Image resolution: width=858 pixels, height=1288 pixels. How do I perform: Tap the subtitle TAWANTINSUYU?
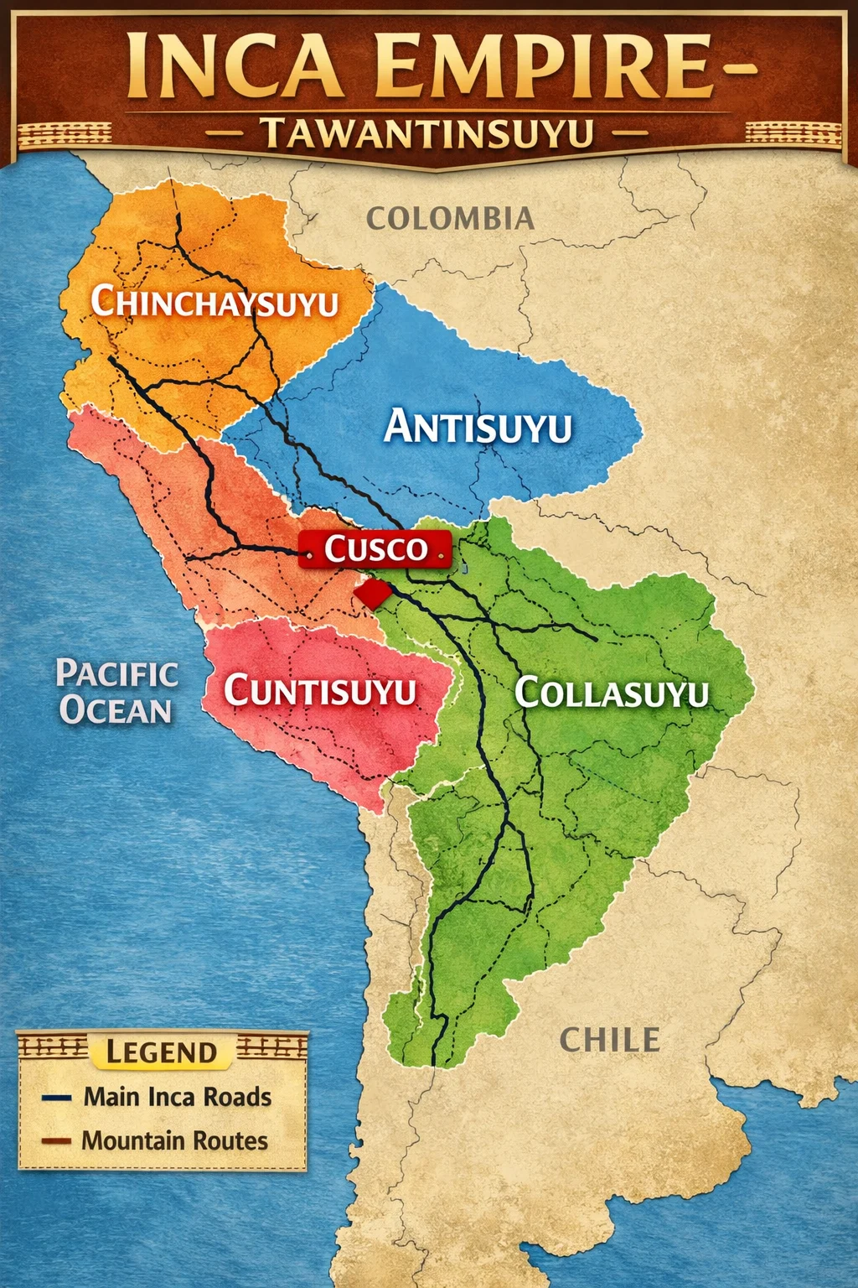tap(426, 133)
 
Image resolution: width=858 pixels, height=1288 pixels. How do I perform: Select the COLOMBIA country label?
tap(450, 219)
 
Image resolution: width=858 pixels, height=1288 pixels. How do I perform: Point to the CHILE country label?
tap(609, 1040)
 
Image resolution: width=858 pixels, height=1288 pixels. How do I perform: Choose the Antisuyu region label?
tap(478, 427)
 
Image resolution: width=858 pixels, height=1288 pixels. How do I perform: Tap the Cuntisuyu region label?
tap(320, 691)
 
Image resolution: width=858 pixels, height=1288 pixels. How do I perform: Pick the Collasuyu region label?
tap(612, 693)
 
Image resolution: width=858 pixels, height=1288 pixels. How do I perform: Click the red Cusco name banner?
tap(375, 549)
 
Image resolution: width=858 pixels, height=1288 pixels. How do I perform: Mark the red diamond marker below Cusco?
tap(371, 594)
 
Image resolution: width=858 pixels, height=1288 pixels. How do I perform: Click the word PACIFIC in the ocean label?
tap(116, 673)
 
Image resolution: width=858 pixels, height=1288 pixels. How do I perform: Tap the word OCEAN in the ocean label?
tap(116, 710)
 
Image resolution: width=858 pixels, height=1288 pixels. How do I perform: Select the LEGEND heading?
tap(162, 1052)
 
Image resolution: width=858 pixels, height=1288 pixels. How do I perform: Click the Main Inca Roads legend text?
tap(178, 1097)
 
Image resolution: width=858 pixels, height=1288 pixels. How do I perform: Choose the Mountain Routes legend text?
tap(175, 1140)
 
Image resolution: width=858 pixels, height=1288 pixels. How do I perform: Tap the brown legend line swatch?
tap(56, 1141)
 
